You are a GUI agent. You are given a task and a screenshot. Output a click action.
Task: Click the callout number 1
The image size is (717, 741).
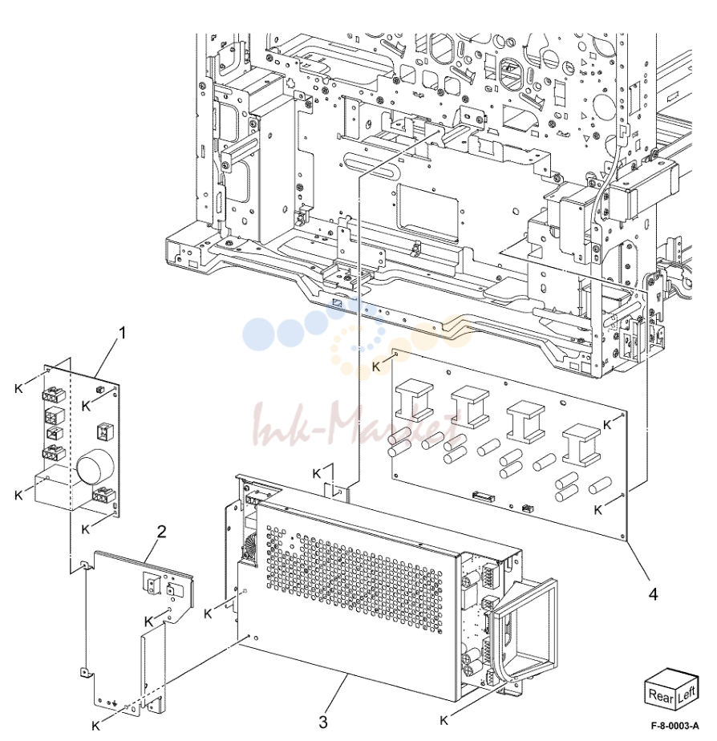pyautogui.click(x=123, y=333)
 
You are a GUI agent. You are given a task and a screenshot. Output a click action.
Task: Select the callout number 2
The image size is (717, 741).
pyautogui.click(x=162, y=532)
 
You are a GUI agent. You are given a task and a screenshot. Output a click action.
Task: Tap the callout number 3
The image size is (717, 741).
pyautogui.click(x=323, y=722)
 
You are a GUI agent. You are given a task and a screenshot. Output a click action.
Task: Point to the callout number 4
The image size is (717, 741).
pyautogui.click(x=653, y=594)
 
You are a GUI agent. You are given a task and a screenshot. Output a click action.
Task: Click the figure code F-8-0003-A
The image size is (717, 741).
pyautogui.click(x=675, y=726)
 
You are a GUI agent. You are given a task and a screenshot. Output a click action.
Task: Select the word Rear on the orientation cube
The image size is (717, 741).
pyautogui.click(x=660, y=695)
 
